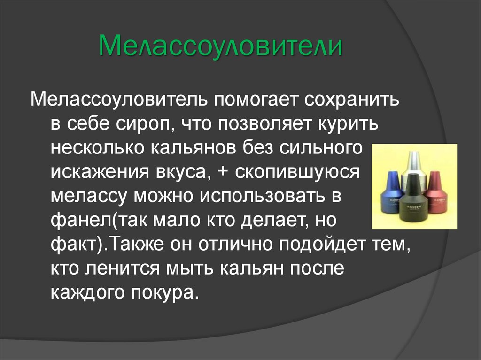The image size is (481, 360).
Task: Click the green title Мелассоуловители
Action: click(x=220, y=47)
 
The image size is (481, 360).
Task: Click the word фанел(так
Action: click(x=96, y=221)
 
